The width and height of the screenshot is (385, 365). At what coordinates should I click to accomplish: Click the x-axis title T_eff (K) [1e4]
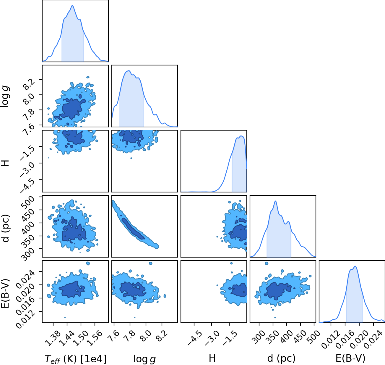(x=76, y=359)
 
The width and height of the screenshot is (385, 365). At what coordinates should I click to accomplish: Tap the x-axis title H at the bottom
(x=212, y=358)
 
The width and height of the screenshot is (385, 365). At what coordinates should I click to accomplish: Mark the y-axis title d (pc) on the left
(x=6, y=229)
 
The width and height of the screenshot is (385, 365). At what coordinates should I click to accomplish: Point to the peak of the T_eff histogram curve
(x=72, y=6)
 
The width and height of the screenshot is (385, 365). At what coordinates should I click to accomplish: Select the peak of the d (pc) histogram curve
(x=275, y=201)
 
